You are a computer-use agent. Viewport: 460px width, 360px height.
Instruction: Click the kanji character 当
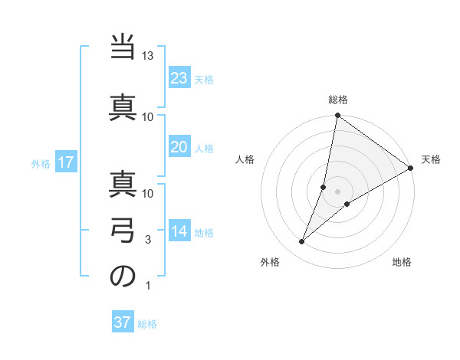coord(123,49)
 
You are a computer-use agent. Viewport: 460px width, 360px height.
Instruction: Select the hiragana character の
coord(123,277)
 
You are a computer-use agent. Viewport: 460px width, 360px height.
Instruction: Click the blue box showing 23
coord(179,78)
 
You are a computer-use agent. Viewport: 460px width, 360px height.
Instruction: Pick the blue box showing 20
coord(179,148)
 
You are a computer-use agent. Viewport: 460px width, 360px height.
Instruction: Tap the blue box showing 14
coord(179,232)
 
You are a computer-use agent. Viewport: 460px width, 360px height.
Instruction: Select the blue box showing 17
coord(65,162)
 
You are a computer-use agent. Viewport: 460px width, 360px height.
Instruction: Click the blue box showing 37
coord(123,322)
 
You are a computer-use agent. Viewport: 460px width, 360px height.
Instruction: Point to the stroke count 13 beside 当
coord(148,57)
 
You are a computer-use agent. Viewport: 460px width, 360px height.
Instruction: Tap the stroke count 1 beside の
coord(148,286)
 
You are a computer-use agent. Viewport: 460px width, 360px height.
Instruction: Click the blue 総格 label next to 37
coord(147,323)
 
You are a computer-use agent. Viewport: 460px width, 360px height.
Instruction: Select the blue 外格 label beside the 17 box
coord(41,163)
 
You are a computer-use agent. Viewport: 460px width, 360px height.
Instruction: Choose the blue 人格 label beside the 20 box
coord(204,149)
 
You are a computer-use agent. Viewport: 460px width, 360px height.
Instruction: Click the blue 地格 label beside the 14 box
coord(204,233)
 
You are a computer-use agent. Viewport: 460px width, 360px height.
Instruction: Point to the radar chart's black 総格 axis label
coord(337,100)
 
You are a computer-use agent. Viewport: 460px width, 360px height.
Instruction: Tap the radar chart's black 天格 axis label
coord(431,159)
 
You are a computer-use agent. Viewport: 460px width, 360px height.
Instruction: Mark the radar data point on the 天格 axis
coord(411,168)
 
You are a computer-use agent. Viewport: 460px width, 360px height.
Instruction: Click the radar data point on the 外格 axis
coord(301,242)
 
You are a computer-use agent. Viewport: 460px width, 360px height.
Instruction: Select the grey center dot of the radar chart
coord(337,191)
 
